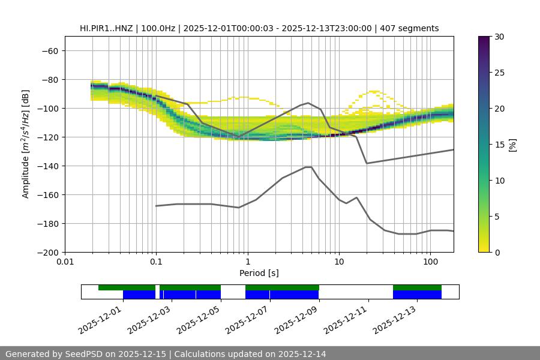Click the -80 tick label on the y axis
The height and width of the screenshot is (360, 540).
coord(49,79)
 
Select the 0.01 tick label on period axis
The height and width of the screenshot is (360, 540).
coord(65,262)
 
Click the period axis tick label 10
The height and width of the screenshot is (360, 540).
coord(338,262)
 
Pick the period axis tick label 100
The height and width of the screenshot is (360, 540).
coord(430,262)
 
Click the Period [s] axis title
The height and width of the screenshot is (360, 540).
coord(259,273)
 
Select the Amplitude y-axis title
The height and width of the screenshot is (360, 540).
coord(25,144)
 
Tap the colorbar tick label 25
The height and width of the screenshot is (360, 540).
coord(499,73)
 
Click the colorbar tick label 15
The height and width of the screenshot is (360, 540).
coord(499,145)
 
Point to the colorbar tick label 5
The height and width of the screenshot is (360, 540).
coord(497,217)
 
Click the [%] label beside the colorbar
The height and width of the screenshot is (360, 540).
coord(512,145)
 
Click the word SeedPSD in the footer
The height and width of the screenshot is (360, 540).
coord(84,354)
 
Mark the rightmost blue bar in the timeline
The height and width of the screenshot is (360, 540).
coord(417,295)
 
